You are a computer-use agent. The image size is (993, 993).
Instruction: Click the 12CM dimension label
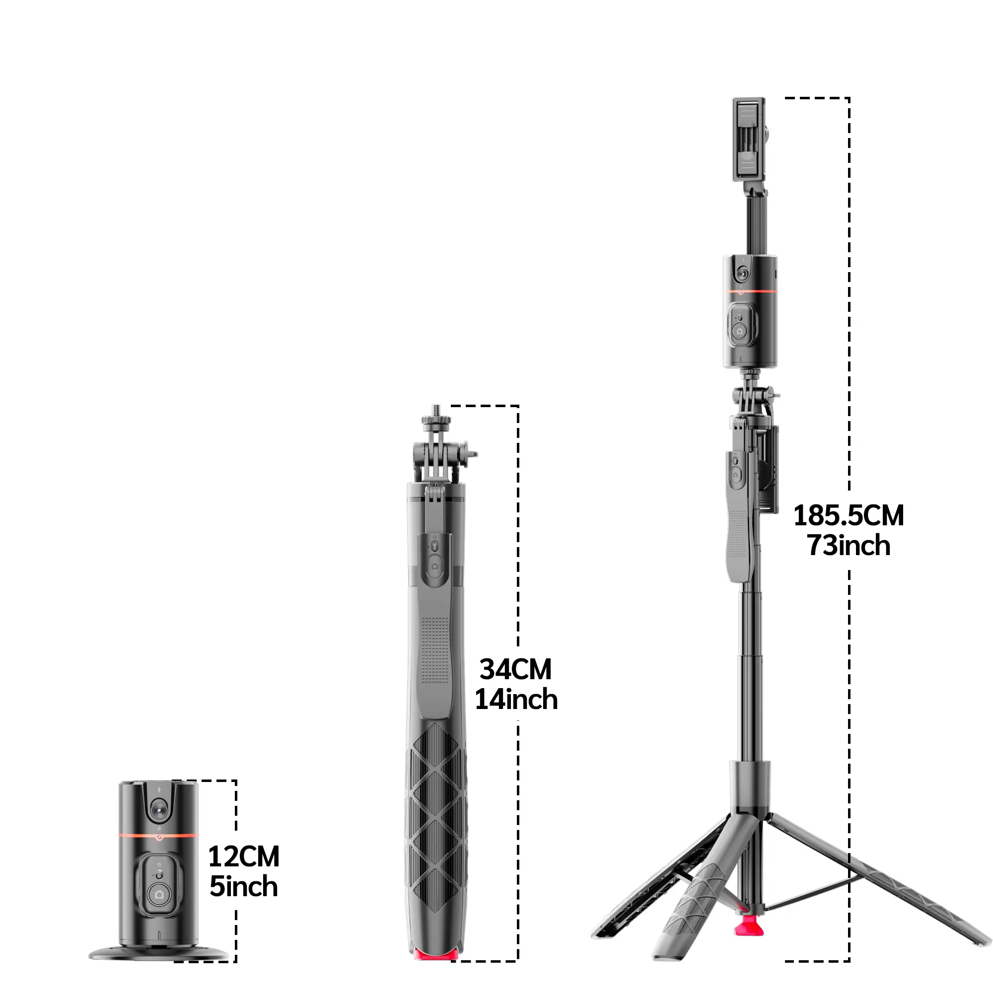click(x=244, y=857)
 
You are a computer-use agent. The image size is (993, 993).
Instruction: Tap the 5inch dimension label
click(x=244, y=887)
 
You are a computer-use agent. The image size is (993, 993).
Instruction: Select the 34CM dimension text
click(x=515, y=669)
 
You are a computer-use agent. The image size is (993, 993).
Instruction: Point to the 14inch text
click(x=515, y=700)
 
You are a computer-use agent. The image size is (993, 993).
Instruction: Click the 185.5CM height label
click(x=848, y=515)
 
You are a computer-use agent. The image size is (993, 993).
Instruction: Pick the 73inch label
click(x=848, y=545)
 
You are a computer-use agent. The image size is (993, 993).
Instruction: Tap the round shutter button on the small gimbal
click(x=159, y=895)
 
